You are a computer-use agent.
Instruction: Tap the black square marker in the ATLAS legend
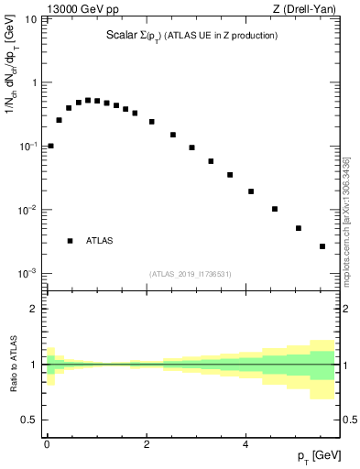click(x=70, y=241)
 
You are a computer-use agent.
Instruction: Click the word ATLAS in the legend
click(x=99, y=241)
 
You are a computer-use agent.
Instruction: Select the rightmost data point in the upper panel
click(x=322, y=246)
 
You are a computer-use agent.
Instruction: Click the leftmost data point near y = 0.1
click(x=50, y=146)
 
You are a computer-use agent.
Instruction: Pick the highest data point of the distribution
click(x=88, y=100)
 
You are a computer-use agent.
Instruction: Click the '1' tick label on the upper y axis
click(x=34, y=82)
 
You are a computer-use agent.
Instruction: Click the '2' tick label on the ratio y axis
click(x=34, y=309)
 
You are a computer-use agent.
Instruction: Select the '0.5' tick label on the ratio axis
click(x=30, y=420)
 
